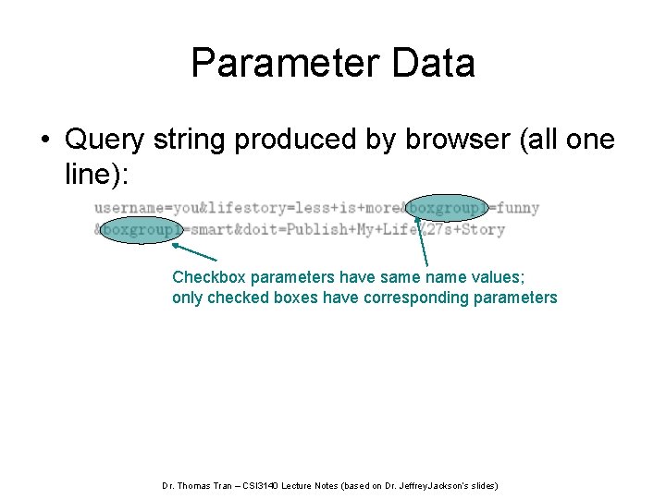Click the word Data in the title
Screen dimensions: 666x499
click(x=434, y=64)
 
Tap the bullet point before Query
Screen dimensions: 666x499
click(x=44, y=140)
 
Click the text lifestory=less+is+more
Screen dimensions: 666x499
click(x=297, y=208)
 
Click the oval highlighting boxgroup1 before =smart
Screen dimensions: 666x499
click(x=142, y=229)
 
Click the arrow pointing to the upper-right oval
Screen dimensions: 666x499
click(x=425, y=245)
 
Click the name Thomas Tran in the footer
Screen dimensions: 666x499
click(x=206, y=485)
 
